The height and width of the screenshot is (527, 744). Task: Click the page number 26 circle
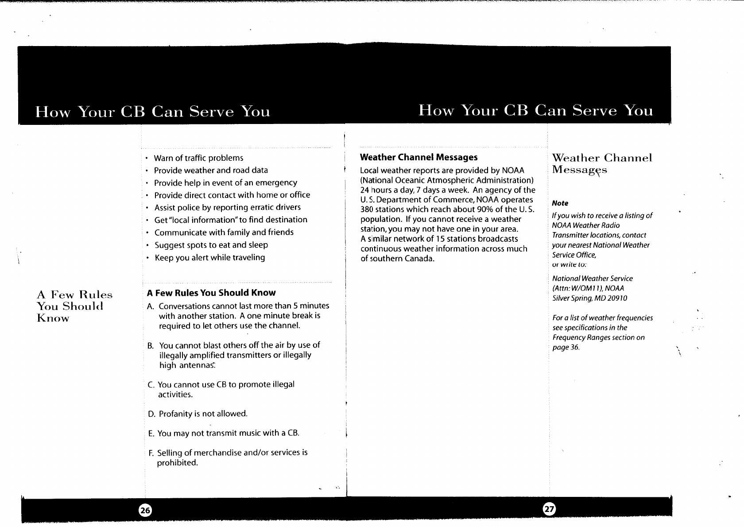(x=145, y=510)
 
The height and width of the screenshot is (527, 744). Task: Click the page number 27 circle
(x=549, y=509)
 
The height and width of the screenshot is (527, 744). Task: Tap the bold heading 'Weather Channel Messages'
(x=419, y=157)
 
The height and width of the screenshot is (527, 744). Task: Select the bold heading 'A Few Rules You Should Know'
(x=211, y=293)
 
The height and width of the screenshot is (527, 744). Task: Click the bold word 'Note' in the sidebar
(x=560, y=203)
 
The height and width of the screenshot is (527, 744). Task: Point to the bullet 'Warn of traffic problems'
(x=198, y=158)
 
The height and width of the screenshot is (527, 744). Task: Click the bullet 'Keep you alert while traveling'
(x=209, y=257)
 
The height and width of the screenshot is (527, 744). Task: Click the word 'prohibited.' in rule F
(x=178, y=463)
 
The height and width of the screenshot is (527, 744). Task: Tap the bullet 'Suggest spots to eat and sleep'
(x=211, y=245)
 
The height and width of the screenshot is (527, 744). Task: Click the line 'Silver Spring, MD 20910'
(x=589, y=298)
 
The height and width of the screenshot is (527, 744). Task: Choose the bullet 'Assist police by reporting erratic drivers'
(x=227, y=207)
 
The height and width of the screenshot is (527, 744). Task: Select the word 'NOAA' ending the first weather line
(x=514, y=171)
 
